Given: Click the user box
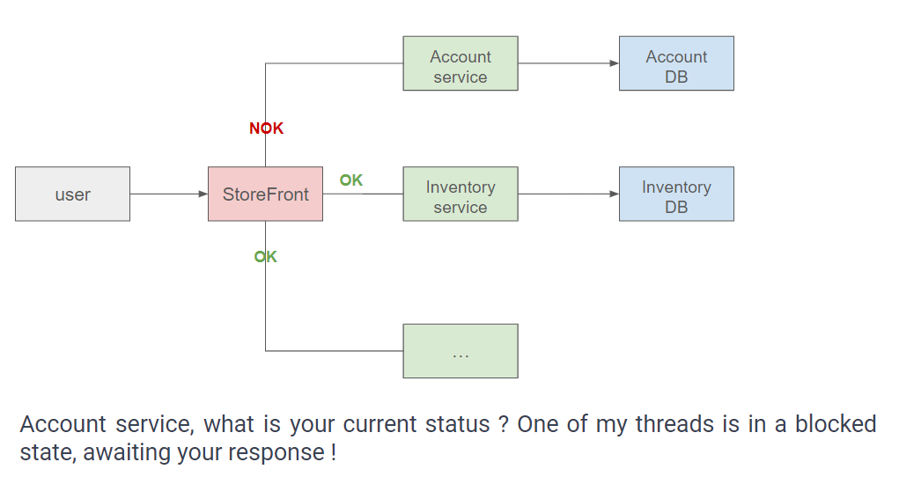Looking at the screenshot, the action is click(73, 194).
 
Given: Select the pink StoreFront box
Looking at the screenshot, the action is click(265, 194).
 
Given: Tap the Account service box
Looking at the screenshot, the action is click(461, 63).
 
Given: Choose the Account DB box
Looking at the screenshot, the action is click(676, 63).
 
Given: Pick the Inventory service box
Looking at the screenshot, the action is click(461, 194).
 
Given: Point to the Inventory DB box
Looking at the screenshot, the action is click(676, 194).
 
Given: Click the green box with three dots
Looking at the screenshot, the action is click(461, 351).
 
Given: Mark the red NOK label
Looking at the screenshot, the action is click(266, 128).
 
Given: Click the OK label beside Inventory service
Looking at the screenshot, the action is click(351, 180).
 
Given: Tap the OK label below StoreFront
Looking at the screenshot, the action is click(265, 257).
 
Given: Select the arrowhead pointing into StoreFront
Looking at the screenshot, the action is click(203, 194).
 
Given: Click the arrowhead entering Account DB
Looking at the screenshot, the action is click(615, 63).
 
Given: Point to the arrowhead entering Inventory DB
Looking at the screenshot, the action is click(615, 194).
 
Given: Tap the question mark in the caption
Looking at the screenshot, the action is click(504, 425).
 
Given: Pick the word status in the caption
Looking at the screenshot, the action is click(458, 425).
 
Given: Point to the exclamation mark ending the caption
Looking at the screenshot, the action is click(333, 452).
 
